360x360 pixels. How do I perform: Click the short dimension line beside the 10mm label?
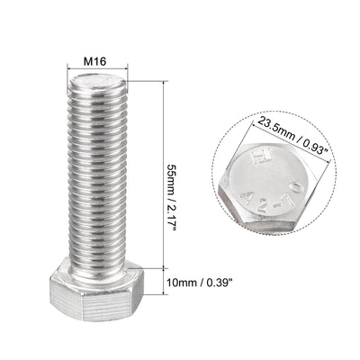click(x=164, y=283)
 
